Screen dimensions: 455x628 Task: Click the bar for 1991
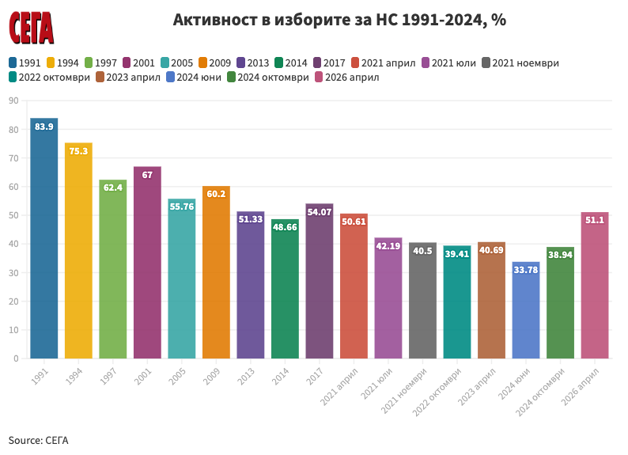pyautogui.click(x=44, y=237)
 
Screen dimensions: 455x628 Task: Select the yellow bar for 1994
pyautogui.click(x=78, y=250)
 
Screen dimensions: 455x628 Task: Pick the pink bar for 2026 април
pyautogui.click(x=595, y=285)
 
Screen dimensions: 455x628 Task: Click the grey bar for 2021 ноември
pyautogui.click(x=423, y=300)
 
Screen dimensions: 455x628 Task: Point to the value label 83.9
pyautogui.click(x=44, y=127)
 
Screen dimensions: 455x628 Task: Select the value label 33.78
pyautogui.click(x=526, y=270)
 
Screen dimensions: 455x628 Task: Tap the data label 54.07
pyautogui.click(x=320, y=211)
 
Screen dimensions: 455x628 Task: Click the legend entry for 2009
pyautogui.click(x=214, y=63)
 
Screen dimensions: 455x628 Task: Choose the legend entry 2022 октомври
pyautogui.click(x=50, y=78)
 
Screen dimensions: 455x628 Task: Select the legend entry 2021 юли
pyautogui.click(x=448, y=63)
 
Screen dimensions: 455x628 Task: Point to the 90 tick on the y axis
pyautogui.click(x=13, y=100)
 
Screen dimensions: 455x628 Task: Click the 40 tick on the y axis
pyautogui.click(x=13, y=244)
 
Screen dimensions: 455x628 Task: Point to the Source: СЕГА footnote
pyautogui.click(x=39, y=440)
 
